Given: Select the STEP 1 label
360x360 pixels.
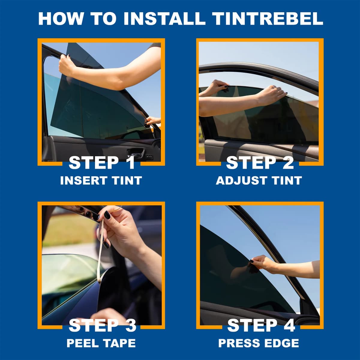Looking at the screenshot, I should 101,163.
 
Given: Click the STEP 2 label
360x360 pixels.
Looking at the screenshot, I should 260,163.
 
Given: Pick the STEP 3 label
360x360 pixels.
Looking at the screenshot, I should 102,325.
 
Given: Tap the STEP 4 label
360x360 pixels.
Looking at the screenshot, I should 261,325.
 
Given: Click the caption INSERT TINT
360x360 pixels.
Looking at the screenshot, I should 101,181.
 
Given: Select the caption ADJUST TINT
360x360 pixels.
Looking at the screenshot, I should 259,181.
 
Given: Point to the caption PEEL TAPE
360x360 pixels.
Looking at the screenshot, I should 101,343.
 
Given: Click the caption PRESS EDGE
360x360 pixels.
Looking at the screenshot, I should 259,343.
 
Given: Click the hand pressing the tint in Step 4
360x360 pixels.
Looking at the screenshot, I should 259,262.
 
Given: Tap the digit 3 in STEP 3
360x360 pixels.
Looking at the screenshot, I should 131,325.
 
